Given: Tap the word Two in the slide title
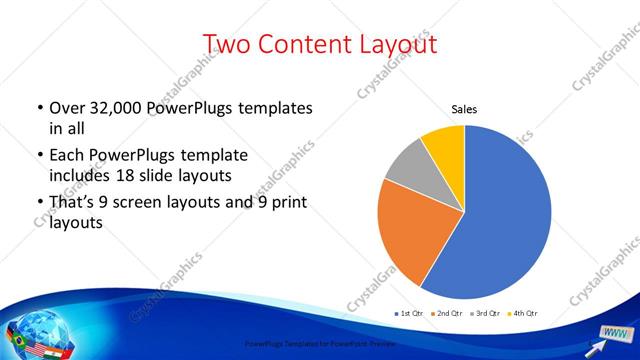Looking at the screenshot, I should [227, 44].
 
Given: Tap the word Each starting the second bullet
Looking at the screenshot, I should [66, 156].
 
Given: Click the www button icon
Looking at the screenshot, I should [615, 333].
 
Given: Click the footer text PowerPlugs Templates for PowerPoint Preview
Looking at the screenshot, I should [319, 344].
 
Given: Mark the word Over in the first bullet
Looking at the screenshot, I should [67, 108].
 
